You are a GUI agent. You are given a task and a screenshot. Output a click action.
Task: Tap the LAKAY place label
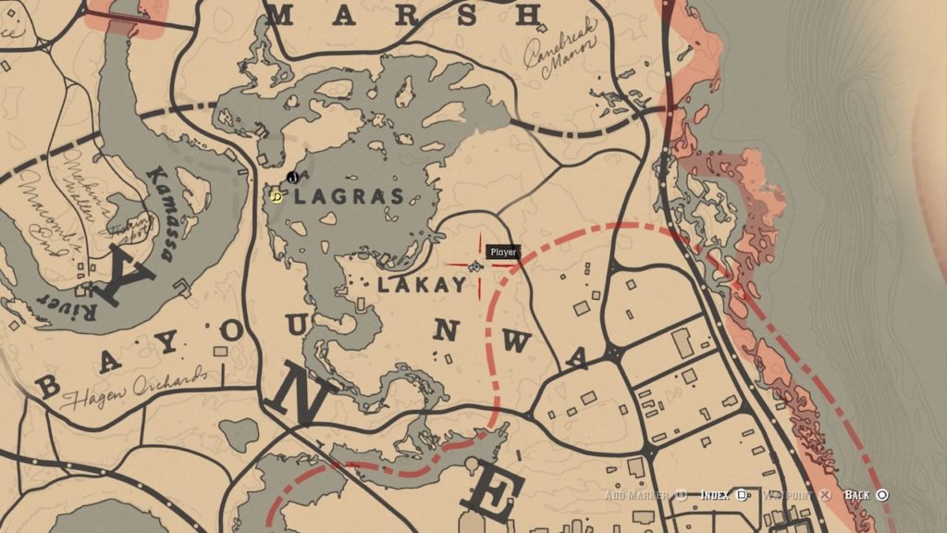coord(421,286)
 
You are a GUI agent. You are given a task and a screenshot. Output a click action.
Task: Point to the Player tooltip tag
coord(503,252)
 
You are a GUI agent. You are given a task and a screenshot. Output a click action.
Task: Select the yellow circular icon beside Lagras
coord(275,196)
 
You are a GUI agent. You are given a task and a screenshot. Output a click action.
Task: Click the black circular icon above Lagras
coord(292,176)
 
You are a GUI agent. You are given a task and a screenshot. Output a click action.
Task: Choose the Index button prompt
coord(722,495)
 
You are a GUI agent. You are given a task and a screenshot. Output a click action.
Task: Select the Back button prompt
coord(866,495)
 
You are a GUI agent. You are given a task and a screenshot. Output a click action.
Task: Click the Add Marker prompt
coord(644,495)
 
